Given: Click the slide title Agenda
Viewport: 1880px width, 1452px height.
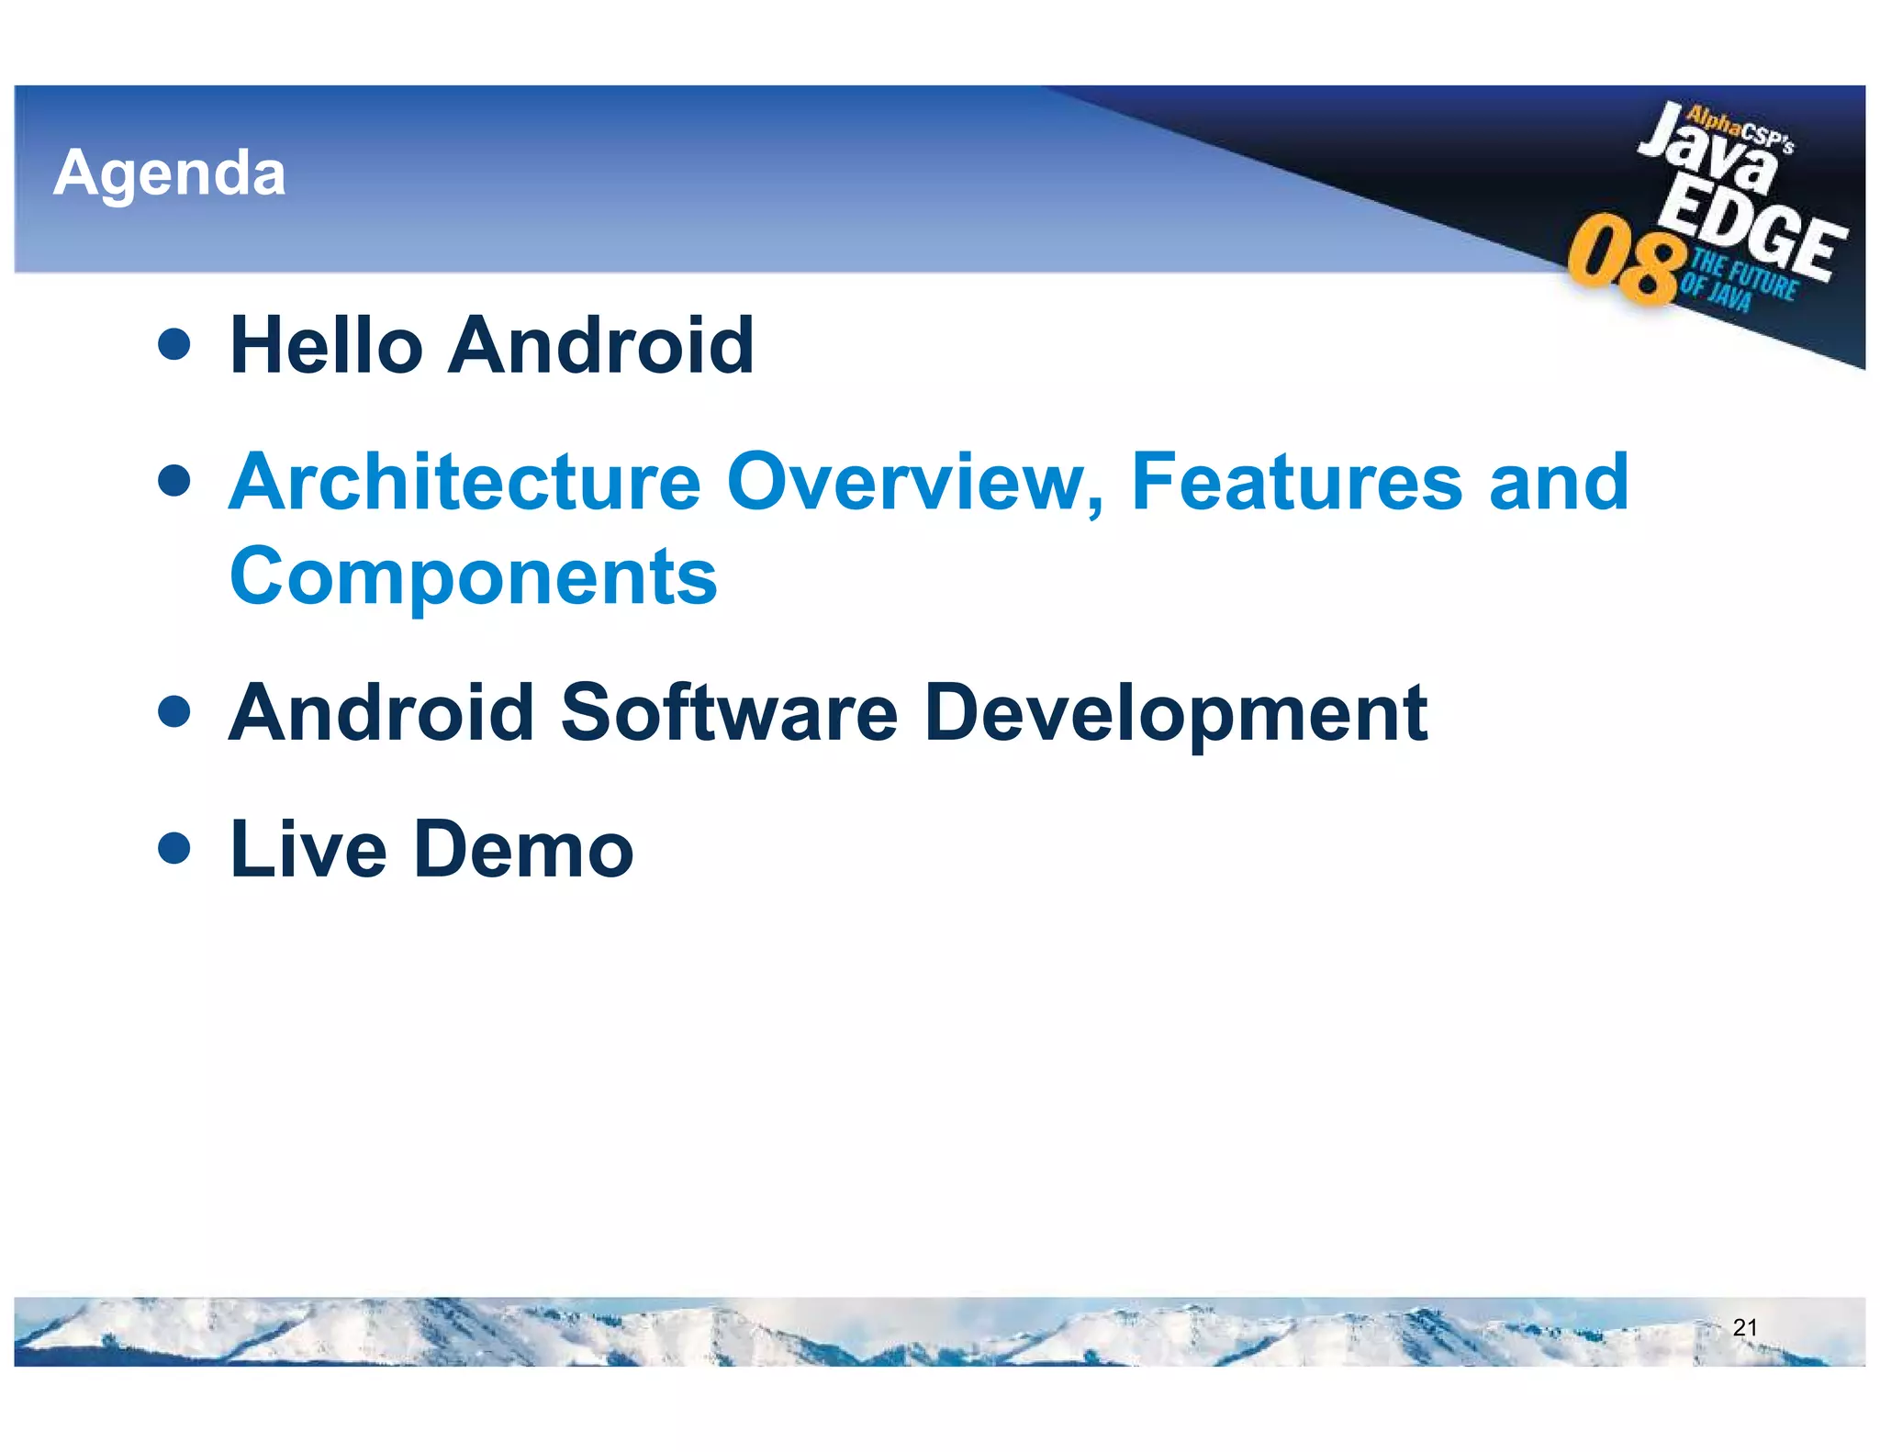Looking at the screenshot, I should click(170, 173).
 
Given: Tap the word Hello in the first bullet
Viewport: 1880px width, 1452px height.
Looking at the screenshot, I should click(326, 345).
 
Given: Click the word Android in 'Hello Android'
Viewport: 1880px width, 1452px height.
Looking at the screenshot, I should click(601, 345).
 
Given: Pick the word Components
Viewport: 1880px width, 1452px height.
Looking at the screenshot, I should click(473, 577).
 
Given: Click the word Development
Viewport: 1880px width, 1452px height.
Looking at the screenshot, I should click(1176, 715).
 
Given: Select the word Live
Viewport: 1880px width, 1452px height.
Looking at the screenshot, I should click(308, 849).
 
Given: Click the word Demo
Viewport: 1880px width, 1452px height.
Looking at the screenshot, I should click(524, 849).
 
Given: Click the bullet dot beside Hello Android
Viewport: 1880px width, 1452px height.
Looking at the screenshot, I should click(173, 344).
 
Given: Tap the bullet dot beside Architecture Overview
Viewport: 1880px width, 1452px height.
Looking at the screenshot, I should click(173, 480).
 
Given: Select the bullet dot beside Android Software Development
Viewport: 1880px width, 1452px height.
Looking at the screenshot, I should click(173, 710).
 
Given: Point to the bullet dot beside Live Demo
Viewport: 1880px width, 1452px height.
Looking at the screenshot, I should click(173, 848).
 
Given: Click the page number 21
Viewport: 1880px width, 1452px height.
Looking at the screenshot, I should click(1744, 1327).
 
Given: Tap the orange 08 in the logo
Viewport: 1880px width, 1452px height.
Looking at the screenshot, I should click(1626, 262).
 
